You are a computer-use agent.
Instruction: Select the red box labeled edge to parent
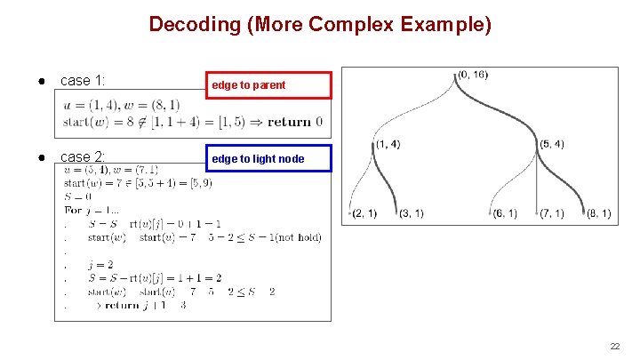tap(268, 85)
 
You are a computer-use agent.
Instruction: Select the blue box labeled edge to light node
tap(268, 159)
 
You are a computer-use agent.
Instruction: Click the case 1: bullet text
tap(83, 81)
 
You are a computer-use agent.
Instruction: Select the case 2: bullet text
tap(83, 157)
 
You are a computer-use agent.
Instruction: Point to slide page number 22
tap(614, 346)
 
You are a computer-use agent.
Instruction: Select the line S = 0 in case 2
tap(77, 196)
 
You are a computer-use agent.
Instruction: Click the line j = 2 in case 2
tap(100, 265)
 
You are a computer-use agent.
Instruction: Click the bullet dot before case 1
tap(43, 81)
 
